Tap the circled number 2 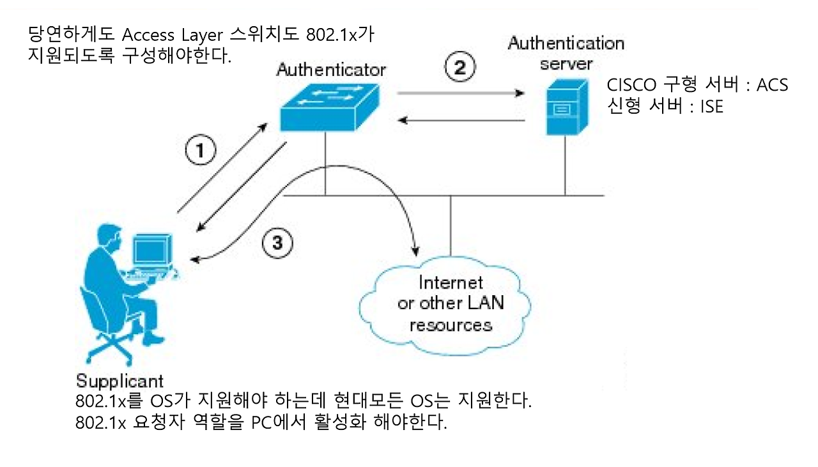pyautogui.click(x=459, y=67)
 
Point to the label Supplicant pyautogui.click(x=120, y=381)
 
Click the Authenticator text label pyautogui.click(x=331, y=69)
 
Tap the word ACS pyautogui.click(x=772, y=86)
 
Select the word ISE pyautogui.click(x=711, y=107)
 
